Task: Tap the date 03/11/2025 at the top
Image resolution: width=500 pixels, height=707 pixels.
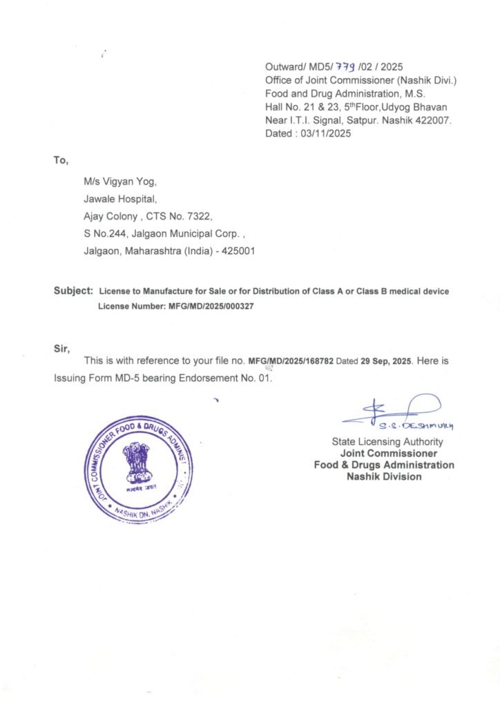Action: [325, 134]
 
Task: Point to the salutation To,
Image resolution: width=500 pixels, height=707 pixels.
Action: [61, 161]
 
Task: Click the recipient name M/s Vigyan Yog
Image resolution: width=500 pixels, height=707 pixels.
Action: [120, 182]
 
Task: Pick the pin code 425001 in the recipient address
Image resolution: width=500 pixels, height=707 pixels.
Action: [239, 251]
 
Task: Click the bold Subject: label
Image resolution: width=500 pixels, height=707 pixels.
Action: [73, 291]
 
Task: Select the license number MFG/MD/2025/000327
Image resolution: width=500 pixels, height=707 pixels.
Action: [211, 306]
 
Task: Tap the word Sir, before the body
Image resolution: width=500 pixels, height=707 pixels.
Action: [62, 349]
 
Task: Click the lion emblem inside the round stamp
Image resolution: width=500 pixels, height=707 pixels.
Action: [136, 463]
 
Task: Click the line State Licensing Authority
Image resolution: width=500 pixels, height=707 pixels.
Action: [387, 442]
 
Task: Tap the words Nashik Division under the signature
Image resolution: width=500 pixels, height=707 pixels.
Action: [384, 476]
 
